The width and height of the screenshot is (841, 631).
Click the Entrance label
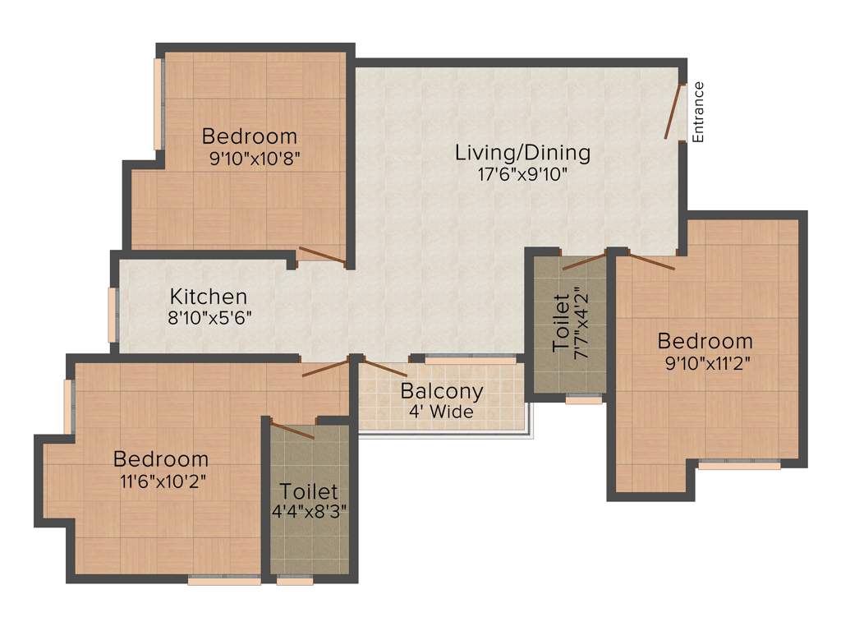pyautogui.click(x=698, y=113)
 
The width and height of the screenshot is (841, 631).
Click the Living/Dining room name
pyautogui.click(x=523, y=152)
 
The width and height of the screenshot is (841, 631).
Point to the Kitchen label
pyautogui.click(x=208, y=297)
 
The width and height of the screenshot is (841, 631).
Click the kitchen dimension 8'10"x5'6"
pyautogui.click(x=209, y=317)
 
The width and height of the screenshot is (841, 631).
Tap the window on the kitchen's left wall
pyautogui.click(x=113, y=313)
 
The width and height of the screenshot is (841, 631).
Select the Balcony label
pyautogui.click(x=442, y=391)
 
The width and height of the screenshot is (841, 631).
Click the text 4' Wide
pyautogui.click(x=442, y=412)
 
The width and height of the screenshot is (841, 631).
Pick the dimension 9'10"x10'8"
pyautogui.click(x=250, y=157)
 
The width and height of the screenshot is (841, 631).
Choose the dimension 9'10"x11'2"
pyautogui.click(x=705, y=361)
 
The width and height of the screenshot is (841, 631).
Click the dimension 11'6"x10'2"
pyautogui.click(x=161, y=480)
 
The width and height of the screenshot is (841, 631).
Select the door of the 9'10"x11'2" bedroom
pyautogui.click(x=646, y=261)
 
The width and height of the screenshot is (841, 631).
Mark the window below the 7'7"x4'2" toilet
pyautogui.click(x=584, y=400)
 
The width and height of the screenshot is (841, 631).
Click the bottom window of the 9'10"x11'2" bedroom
pyautogui.click(x=738, y=465)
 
